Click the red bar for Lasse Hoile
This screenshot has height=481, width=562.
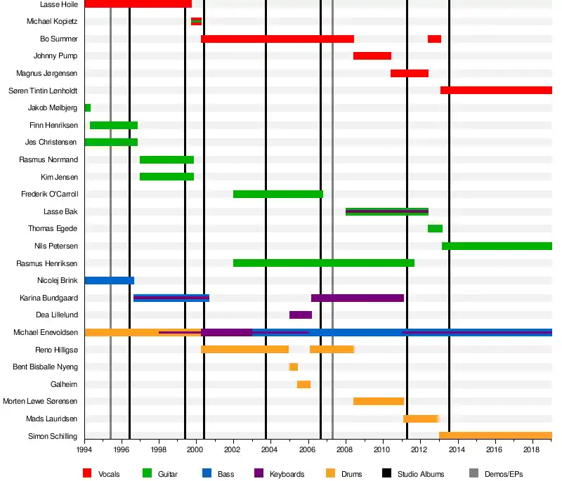pos(138,4)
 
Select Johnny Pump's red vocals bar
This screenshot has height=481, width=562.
pos(372,56)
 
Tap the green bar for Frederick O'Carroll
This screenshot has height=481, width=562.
pos(278,194)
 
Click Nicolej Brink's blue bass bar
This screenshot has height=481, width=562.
pos(109,280)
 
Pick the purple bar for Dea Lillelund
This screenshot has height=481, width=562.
pos(301,315)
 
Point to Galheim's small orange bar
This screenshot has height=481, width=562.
pos(303,384)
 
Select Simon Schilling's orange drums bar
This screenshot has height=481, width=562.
pos(495,436)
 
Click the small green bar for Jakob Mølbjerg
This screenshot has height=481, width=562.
pos(88,108)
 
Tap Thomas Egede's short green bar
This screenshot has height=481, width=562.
pos(435,228)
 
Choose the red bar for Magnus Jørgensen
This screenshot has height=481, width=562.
pos(410,73)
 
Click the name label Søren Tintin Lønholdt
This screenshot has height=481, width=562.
pos(43,91)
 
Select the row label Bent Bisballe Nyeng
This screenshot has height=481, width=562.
pos(46,367)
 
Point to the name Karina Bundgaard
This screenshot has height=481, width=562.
pos(48,298)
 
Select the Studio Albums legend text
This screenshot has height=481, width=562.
pos(421,474)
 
